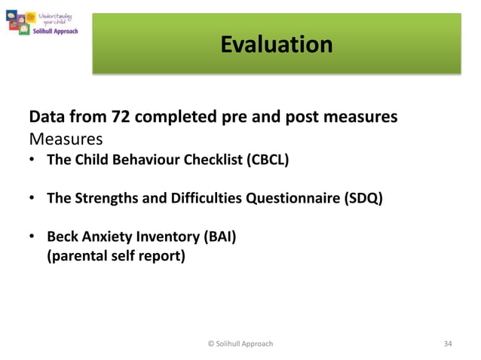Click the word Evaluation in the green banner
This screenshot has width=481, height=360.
click(x=276, y=44)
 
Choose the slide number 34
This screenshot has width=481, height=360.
click(x=448, y=343)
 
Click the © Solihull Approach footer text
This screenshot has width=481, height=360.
click(x=240, y=343)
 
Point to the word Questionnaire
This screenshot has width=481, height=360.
click(x=297, y=199)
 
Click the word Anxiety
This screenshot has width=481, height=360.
click(x=106, y=238)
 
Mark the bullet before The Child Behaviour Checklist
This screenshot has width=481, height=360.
click(x=33, y=160)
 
